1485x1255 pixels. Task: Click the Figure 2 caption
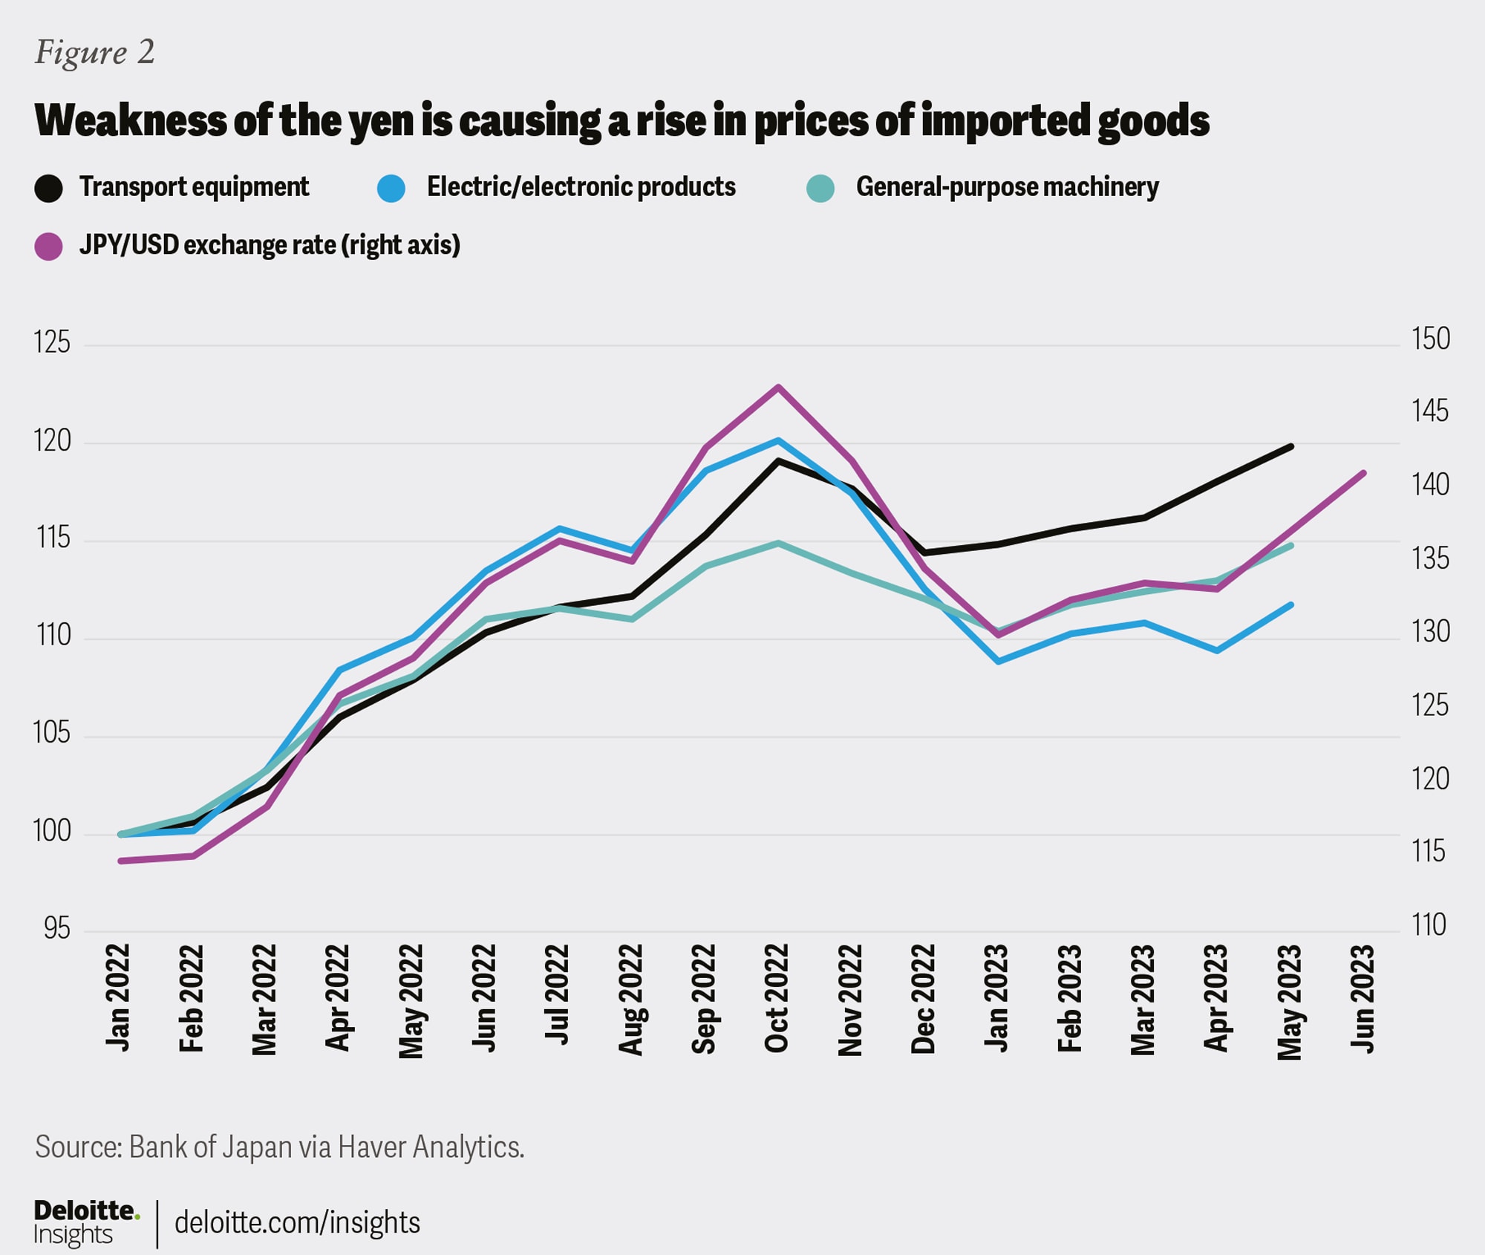[x=94, y=53]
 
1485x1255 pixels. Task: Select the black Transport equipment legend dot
[x=49, y=188]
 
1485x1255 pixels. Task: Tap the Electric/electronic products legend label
[x=581, y=187]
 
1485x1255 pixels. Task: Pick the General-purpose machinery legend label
[x=1007, y=187]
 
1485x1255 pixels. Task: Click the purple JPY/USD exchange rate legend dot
[x=49, y=246]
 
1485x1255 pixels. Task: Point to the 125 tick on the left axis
[x=52, y=342]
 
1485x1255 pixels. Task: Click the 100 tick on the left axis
[x=52, y=831]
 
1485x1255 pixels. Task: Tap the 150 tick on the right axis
[x=1430, y=339]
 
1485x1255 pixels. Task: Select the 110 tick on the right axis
[x=1429, y=925]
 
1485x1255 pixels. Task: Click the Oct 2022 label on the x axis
[x=777, y=998]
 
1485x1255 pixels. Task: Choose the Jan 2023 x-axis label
[x=996, y=998]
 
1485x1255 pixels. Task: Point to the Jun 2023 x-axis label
[x=1363, y=998]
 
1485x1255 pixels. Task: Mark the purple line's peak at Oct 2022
[x=778, y=387]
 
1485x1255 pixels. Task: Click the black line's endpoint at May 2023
[x=1291, y=446]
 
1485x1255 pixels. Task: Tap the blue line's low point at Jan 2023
[x=999, y=661]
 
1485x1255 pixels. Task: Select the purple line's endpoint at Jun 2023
[x=1364, y=472]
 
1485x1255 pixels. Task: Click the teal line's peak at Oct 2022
[x=778, y=543]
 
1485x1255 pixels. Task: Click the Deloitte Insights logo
[x=85, y=1222]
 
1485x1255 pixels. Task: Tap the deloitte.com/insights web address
[x=297, y=1222]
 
